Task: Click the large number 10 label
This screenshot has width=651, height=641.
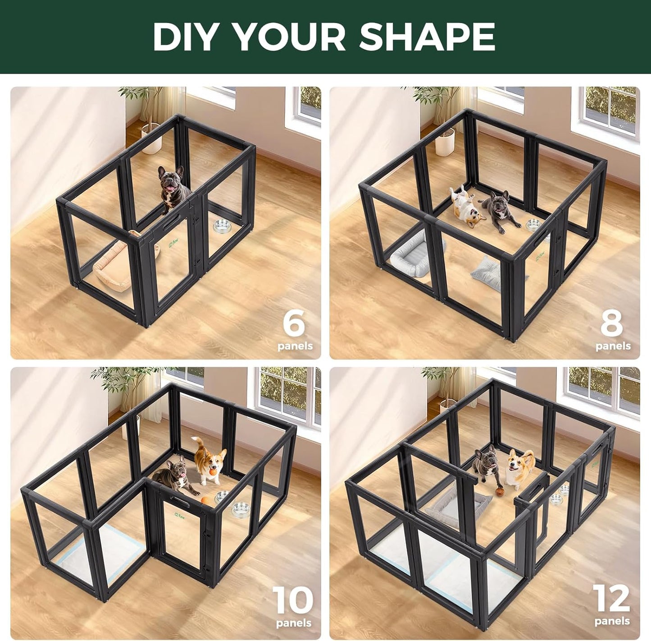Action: click(293, 601)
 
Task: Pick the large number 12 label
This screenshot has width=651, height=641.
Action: click(611, 599)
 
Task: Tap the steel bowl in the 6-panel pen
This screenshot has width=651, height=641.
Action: click(222, 226)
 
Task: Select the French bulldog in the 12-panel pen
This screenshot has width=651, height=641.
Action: click(484, 467)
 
